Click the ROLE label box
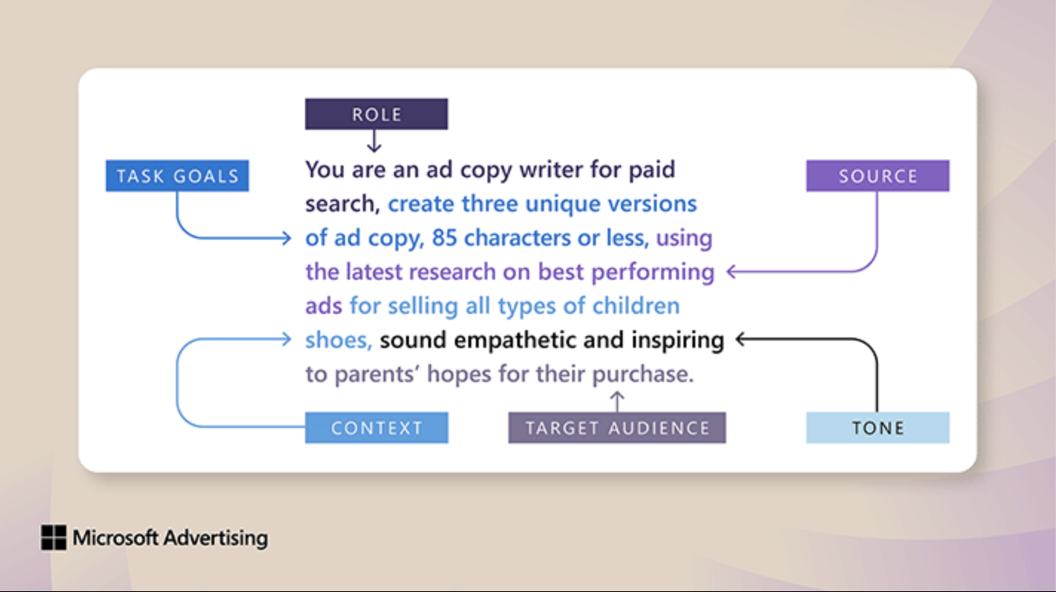point(376,114)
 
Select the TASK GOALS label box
point(177,176)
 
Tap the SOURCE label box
point(878,176)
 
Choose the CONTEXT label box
point(377,427)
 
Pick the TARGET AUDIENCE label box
point(617,427)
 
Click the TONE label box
point(878,427)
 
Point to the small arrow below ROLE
point(374,141)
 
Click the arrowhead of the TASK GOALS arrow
point(286,237)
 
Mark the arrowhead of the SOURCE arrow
point(732,272)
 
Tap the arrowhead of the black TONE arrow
point(741,339)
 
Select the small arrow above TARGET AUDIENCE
point(617,401)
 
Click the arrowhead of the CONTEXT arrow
point(286,339)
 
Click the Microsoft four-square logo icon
point(53,537)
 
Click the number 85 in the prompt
point(445,237)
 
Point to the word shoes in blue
point(335,341)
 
